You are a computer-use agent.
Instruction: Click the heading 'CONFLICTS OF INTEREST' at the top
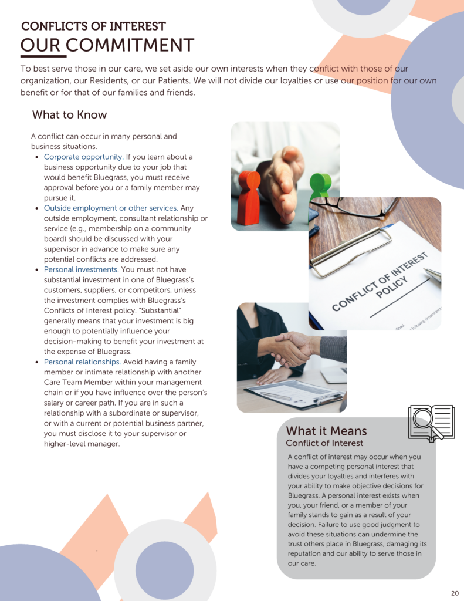coord(93,26)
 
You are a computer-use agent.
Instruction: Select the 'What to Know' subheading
coord(69,114)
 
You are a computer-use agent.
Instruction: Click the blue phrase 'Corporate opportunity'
coord(83,157)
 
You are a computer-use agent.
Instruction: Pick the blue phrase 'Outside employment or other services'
coord(110,208)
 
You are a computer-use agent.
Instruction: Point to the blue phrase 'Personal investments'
coord(81,269)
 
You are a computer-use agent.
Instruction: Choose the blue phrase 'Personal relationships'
coord(82,362)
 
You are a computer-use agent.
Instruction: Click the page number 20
coord(455,592)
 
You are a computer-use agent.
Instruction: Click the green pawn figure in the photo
coord(320,187)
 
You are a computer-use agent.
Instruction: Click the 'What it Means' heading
coord(326,431)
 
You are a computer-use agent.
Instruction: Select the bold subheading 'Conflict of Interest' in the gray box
coord(324,443)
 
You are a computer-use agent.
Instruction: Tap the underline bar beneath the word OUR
coord(43,56)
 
